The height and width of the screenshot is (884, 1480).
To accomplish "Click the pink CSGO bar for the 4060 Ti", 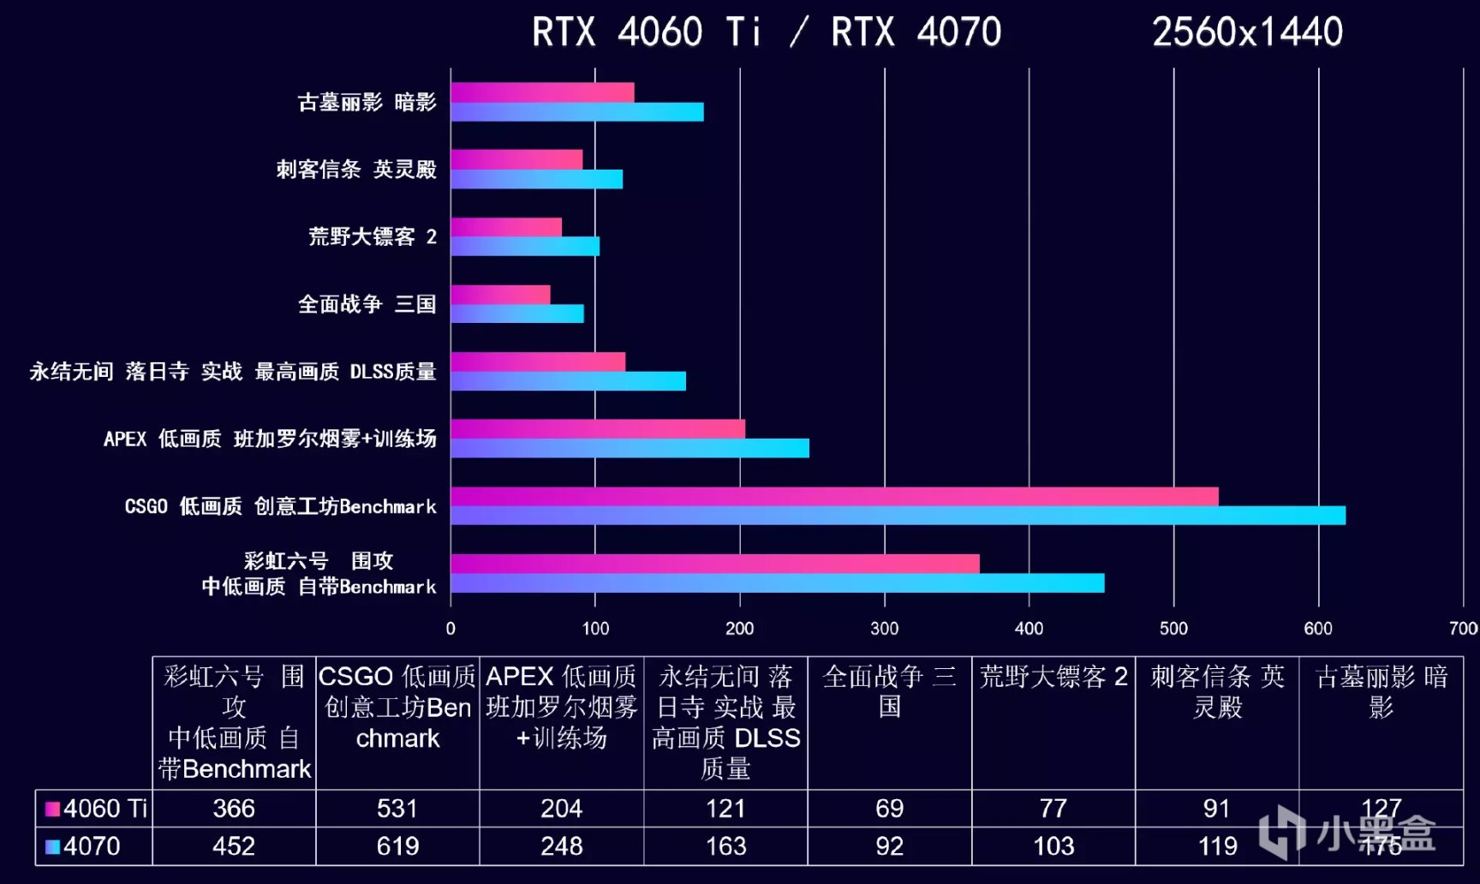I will [x=834, y=497].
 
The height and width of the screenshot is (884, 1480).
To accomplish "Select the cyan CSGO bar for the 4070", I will [x=898, y=516].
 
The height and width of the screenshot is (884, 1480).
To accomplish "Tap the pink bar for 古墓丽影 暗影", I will [x=542, y=93].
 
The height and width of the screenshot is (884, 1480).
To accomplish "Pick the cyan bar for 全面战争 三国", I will [x=517, y=314].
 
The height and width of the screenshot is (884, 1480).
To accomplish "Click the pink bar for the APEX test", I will [x=598, y=429].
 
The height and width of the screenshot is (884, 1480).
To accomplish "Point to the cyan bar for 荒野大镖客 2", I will [x=525, y=247].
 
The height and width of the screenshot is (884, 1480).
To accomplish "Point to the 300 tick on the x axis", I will [x=885, y=629].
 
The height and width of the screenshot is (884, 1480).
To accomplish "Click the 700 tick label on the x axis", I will [x=1463, y=629].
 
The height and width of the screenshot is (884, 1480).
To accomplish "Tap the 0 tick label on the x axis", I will [x=451, y=629].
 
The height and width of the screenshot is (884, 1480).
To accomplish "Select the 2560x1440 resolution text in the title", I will [x=1247, y=33].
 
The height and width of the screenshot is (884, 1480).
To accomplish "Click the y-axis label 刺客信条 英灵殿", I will [x=356, y=169].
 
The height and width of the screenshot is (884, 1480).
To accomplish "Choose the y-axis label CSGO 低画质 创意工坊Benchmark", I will [x=281, y=506].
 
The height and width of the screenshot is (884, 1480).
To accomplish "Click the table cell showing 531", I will [x=397, y=809].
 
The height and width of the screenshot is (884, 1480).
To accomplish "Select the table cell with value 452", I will [x=234, y=846].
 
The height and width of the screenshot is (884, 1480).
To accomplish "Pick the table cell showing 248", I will [x=561, y=846].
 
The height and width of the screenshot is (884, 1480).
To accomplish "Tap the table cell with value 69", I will [x=889, y=809].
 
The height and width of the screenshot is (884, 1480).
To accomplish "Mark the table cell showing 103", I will [x=1053, y=846].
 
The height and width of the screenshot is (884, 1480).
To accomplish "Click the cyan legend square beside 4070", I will [x=52, y=846].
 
